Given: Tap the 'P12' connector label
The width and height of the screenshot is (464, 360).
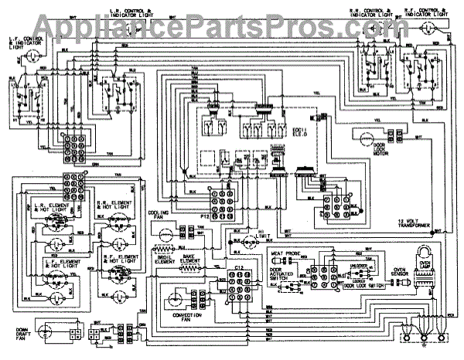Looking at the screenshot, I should click(x=203, y=217).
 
